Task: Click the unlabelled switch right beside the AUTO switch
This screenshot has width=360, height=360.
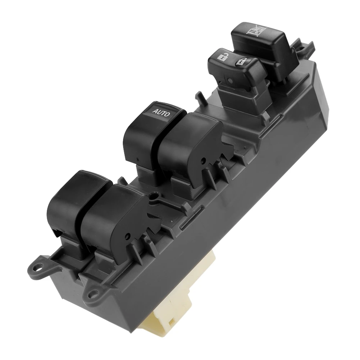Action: click(191, 144)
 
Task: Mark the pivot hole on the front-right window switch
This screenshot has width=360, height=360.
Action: click(127, 236)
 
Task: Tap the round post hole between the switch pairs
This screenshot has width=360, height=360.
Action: click(155, 197)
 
